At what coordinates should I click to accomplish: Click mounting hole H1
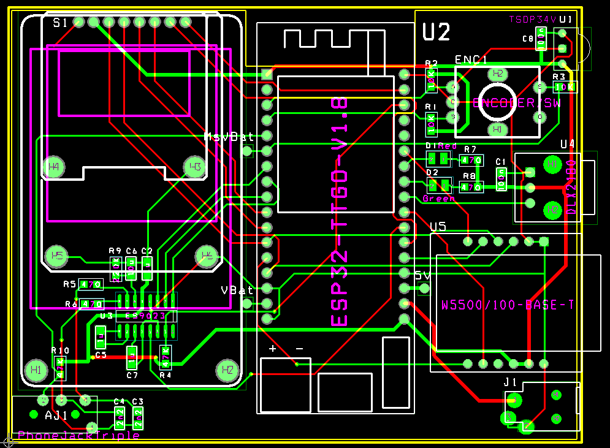[x=34, y=370]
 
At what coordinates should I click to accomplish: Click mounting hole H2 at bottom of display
[x=226, y=370]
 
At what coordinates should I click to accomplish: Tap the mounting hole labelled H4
[x=53, y=167]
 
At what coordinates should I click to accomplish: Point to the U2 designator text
[x=437, y=31]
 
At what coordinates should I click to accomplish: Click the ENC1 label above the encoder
[x=471, y=60]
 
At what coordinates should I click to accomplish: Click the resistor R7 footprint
[x=471, y=161]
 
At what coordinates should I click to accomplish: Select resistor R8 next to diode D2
[x=471, y=187]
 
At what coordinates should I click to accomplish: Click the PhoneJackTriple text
[x=78, y=436]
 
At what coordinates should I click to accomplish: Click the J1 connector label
[x=511, y=382]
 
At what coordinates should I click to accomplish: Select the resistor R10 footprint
[x=60, y=368]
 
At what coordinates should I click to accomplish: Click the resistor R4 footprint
[x=165, y=357]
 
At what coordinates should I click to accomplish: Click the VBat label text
[x=237, y=289]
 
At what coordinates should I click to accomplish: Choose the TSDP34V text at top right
[x=532, y=20]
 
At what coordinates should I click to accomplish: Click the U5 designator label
[x=438, y=227]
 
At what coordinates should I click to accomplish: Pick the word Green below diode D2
[x=439, y=199]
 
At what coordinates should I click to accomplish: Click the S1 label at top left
[x=60, y=23]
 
